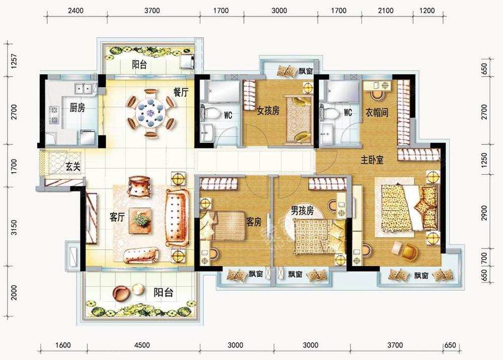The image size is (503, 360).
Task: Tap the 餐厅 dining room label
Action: pyautogui.click(x=181, y=93)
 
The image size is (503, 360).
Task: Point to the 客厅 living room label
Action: pyautogui.click(x=117, y=218)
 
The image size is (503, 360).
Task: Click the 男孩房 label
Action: pyautogui.click(x=303, y=210)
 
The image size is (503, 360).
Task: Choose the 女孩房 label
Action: pyautogui.click(x=268, y=111)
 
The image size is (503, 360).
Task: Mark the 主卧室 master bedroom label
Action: pyautogui.click(x=372, y=160)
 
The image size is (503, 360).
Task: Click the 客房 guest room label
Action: pyautogui.click(x=254, y=221)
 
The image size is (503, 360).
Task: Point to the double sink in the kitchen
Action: pyautogui.click(x=83, y=89)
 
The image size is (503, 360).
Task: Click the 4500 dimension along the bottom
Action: pyautogui.click(x=142, y=345)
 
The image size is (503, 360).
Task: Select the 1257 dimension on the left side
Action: pyautogui.click(x=14, y=61)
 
